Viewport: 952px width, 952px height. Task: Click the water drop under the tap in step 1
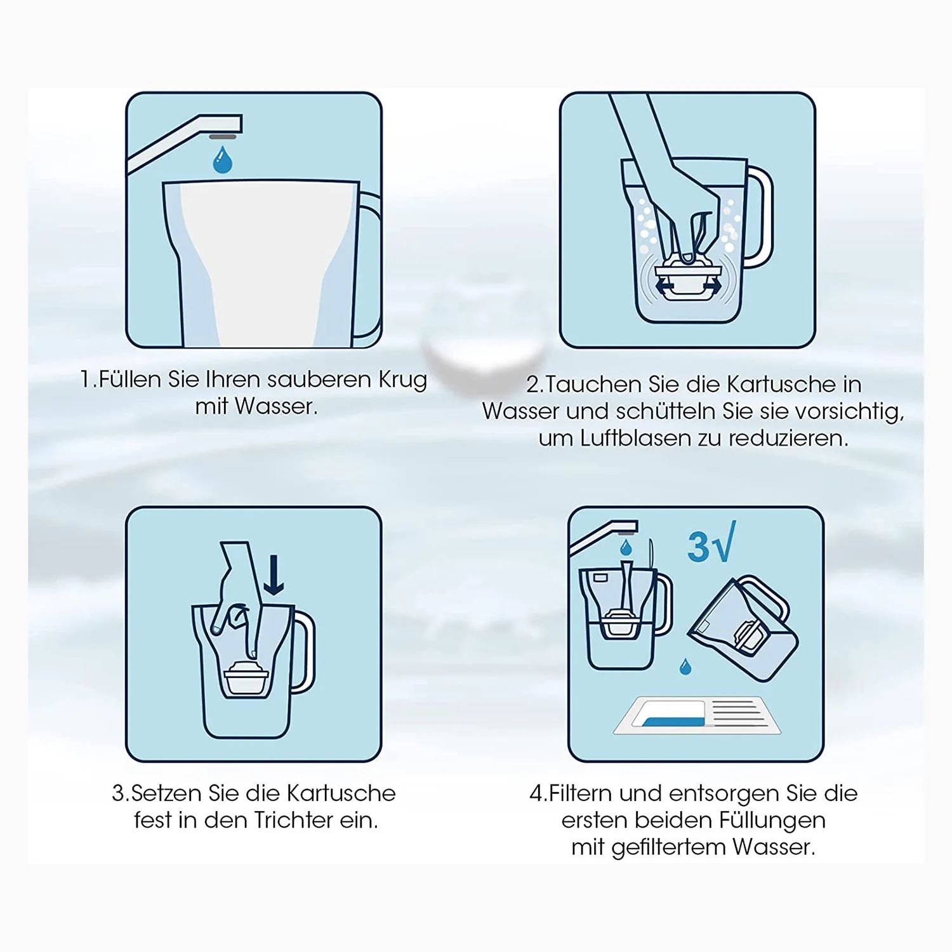(x=222, y=161)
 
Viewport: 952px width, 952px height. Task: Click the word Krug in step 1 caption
(x=403, y=380)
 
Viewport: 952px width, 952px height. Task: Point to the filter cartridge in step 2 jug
(x=687, y=279)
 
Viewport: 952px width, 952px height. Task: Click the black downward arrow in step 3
(x=274, y=575)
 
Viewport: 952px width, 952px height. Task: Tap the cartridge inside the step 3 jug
(x=246, y=679)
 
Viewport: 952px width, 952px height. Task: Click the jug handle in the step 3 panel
(x=303, y=651)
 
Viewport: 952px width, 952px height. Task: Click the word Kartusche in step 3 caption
(x=341, y=793)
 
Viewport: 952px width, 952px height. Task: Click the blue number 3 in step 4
(x=698, y=547)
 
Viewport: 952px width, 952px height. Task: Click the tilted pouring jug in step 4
(x=743, y=628)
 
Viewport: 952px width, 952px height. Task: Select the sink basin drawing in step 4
(x=697, y=715)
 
